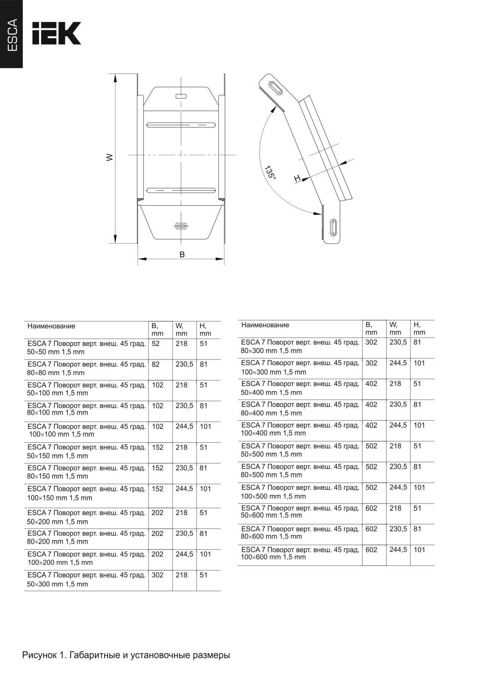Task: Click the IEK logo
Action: (56, 33)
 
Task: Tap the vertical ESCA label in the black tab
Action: (12, 35)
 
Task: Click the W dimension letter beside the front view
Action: (109, 157)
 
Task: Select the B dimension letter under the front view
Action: (182, 255)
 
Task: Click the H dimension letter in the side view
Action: (297, 179)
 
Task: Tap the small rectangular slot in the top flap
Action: (181, 96)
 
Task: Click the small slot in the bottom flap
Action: (181, 226)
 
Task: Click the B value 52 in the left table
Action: (156, 344)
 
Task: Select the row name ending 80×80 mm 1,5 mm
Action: (86, 369)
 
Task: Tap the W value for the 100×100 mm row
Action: (184, 427)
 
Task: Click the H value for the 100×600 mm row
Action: (419, 550)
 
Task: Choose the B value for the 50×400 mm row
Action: (371, 384)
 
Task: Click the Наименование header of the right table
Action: (265, 325)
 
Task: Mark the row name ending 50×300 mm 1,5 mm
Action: (86, 579)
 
